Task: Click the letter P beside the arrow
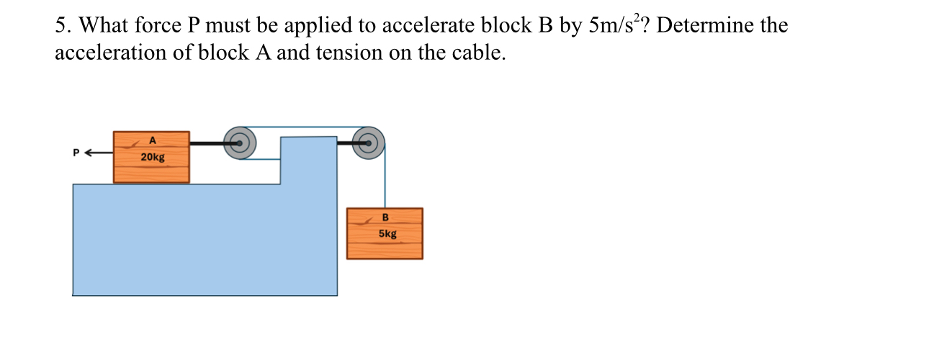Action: (x=75, y=153)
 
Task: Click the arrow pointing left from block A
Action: (x=99, y=153)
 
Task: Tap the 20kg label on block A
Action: (x=151, y=156)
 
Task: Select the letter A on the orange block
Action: (x=152, y=140)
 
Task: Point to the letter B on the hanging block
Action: (x=385, y=217)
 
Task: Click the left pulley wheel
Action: (x=239, y=143)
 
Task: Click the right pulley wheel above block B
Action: (x=368, y=143)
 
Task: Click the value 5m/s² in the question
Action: (x=615, y=25)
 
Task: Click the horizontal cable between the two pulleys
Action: (x=302, y=127)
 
